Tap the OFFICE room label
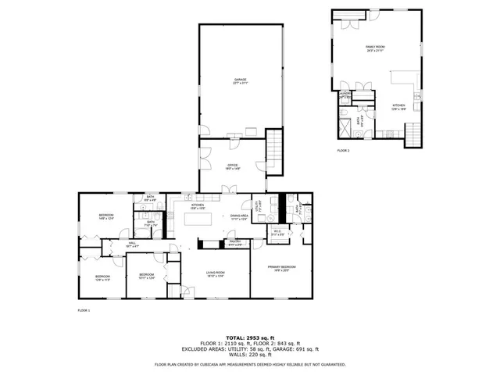click(x=232, y=166)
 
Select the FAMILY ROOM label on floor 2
click(x=376, y=48)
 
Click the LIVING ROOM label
click(x=215, y=274)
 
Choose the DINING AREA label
click(x=239, y=217)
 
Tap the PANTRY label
click(x=234, y=243)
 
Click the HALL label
click(x=132, y=244)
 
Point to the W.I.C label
click(x=277, y=232)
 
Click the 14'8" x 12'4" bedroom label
click(x=106, y=216)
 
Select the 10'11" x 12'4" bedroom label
click(x=147, y=275)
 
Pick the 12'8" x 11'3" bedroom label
click(x=102, y=277)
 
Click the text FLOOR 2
click(x=344, y=150)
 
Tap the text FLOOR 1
click(x=84, y=311)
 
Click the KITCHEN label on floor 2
click(x=398, y=106)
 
